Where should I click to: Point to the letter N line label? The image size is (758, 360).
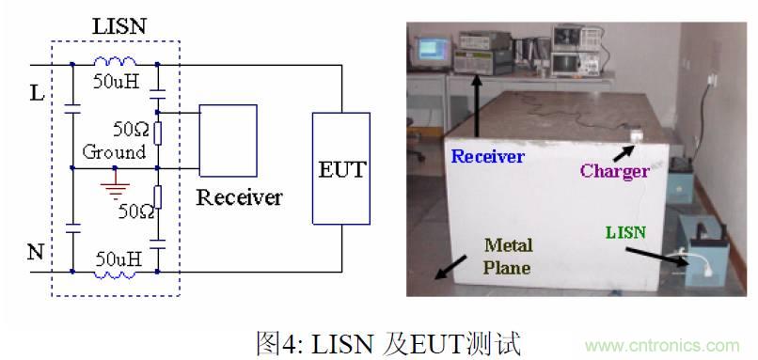[x=35, y=252]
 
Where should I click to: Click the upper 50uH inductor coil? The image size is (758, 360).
[x=114, y=63]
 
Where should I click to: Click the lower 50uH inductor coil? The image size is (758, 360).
[x=114, y=274]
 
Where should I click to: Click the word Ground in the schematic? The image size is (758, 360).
[x=114, y=151]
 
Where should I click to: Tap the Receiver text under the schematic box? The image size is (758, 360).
[x=239, y=197]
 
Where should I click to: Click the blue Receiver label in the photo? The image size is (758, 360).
[x=487, y=156]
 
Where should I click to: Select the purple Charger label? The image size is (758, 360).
[x=614, y=171]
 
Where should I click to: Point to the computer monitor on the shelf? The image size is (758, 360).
[x=433, y=48]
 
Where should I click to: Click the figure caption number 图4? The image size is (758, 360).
[x=276, y=341]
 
